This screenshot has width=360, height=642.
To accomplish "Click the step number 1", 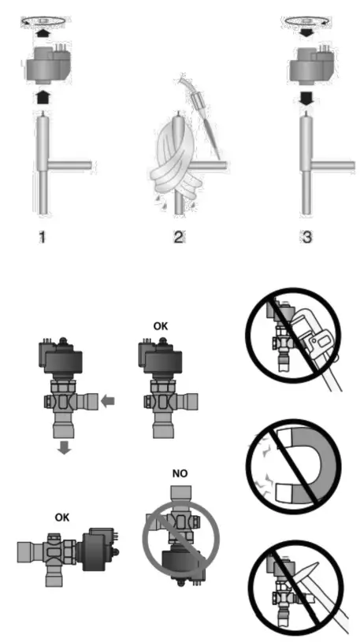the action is click(x=42, y=236).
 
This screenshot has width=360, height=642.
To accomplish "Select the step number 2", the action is click(x=178, y=236).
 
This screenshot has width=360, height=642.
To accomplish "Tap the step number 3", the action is click(x=306, y=236).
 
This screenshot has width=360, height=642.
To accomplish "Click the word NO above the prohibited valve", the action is click(x=180, y=473).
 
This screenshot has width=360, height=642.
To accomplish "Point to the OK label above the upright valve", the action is click(x=161, y=327).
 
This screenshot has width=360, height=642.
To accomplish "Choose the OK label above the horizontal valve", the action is click(x=62, y=518).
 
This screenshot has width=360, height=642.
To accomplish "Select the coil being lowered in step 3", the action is click(x=308, y=65).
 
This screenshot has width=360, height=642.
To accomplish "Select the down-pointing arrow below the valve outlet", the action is click(x=65, y=447).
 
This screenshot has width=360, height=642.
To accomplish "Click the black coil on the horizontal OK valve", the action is click(x=99, y=550).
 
